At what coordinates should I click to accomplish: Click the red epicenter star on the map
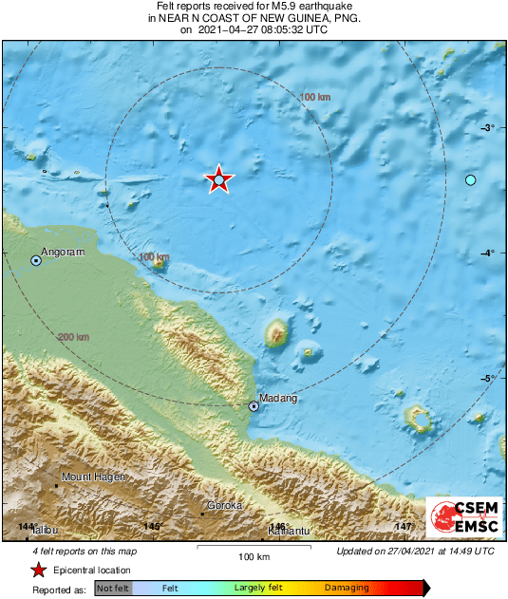[219, 179]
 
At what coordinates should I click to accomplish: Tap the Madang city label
[278, 399]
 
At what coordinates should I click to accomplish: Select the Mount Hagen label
[93, 477]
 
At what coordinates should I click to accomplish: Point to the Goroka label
[225, 506]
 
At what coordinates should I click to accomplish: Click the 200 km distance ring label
[73, 337]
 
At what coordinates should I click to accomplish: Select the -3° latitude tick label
[488, 128]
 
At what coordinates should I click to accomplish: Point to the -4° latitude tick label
[488, 253]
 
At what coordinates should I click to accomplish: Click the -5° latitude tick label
[488, 379]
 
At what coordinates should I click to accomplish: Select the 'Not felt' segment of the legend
[113, 589]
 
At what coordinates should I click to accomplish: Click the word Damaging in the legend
[347, 589]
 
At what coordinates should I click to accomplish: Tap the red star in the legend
[37, 570]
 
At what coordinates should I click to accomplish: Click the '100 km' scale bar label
[254, 556]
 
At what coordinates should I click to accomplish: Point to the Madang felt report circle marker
[254, 406]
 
